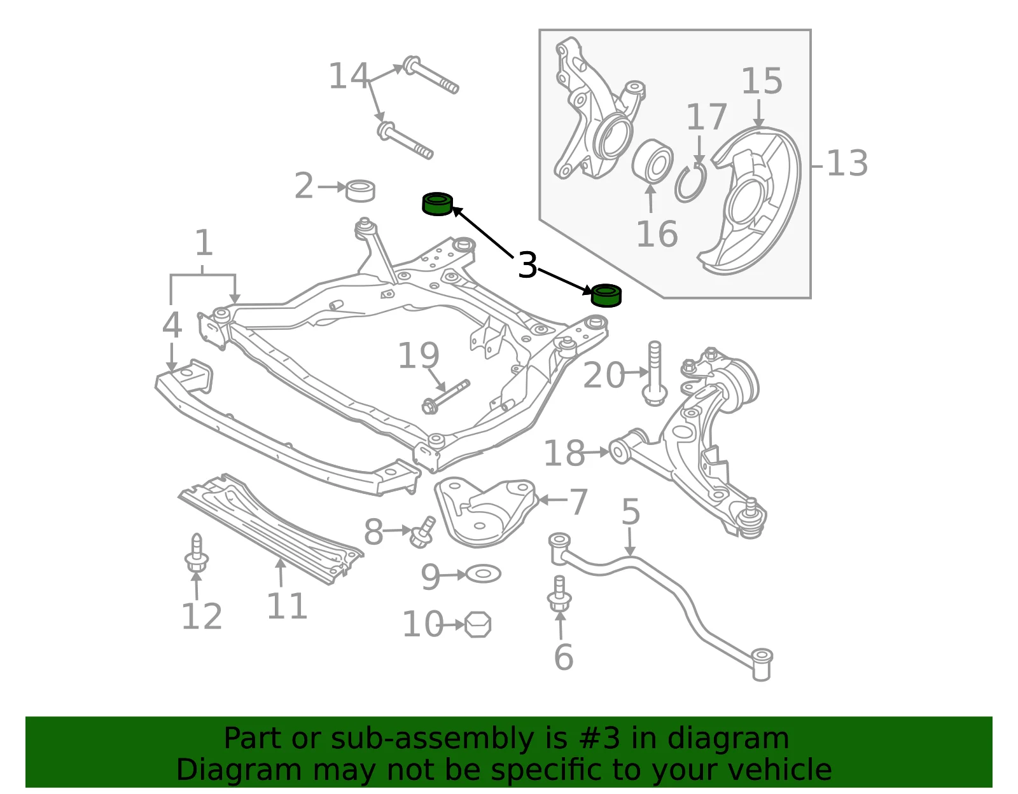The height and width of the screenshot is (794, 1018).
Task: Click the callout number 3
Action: coord(527,265)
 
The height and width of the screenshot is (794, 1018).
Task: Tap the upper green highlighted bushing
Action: coord(437,204)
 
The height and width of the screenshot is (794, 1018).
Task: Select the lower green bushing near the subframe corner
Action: coord(606,296)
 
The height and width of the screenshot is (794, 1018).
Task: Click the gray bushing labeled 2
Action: coord(359,191)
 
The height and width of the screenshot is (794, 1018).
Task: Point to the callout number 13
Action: coord(847,163)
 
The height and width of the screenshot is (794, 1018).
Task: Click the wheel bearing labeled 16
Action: coord(652,160)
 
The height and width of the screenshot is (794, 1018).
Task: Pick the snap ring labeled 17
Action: coord(690,183)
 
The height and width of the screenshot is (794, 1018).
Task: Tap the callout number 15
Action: coord(762,81)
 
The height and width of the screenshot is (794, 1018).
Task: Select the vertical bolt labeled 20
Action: coord(655,373)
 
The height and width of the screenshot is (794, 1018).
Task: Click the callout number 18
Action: coord(564,453)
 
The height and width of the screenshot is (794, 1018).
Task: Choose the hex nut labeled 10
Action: coord(478,625)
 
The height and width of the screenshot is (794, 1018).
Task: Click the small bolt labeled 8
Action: coord(422,532)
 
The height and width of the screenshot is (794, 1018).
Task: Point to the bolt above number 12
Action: coord(197,552)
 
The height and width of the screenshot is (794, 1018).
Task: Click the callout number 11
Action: coord(287,606)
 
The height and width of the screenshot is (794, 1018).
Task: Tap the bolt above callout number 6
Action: coord(559,593)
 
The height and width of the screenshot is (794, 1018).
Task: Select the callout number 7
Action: coord(578,502)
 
